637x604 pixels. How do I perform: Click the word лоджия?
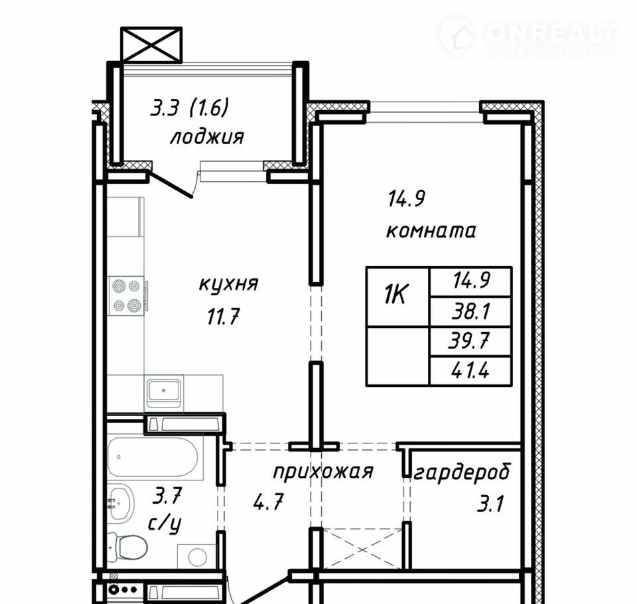(x=207, y=137)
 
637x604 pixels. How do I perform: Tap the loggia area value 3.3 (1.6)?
(x=189, y=109)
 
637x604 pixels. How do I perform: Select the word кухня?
(x=229, y=283)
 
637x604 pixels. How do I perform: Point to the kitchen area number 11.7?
(x=224, y=316)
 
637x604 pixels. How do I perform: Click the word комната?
(x=431, y=231)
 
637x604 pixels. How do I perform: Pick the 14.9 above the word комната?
(x=407, y=198)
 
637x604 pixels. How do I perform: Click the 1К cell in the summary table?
(x=397, y=296)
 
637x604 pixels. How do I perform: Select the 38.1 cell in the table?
(x=470, y=311)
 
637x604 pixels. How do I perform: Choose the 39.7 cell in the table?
(x=470, y=341)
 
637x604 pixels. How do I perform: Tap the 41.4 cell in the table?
(x=470, y=370)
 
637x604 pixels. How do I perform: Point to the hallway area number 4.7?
(x=267, y=502)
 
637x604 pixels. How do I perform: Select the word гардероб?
(x=462, y=473)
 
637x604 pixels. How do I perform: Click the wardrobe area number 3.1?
(x=490, y=503)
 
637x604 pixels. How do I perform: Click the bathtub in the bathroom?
(x=155, y=457)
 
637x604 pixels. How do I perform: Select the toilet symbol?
(x=128, y=546)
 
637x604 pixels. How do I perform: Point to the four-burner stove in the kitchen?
(x=126, y=295)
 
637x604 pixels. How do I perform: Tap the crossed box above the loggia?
(x=151, y=44)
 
